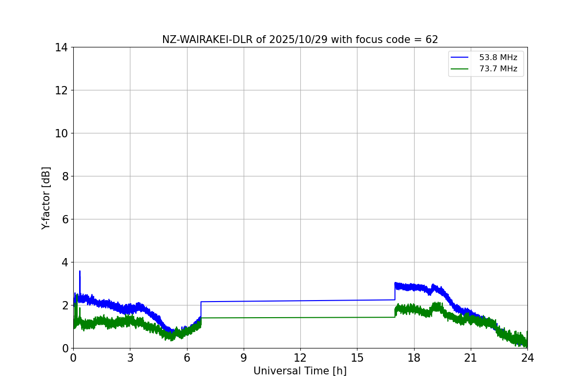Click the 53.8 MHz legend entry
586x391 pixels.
click(498, 58)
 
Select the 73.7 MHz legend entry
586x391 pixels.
click(498, 69)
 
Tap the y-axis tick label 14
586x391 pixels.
click(62, 47)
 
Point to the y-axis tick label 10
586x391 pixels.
click(62, 133)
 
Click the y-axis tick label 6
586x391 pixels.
click(65, 219)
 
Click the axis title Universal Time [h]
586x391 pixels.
click(300, 371)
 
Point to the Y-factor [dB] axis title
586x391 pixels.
click(46, 198)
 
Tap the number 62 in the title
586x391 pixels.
click(432, 40)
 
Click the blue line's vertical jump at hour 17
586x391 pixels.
click(395, 291)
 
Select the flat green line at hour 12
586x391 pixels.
click(300, 317)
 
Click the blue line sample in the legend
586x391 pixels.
click(460, 58)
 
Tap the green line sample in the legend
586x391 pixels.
click(460, 69)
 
